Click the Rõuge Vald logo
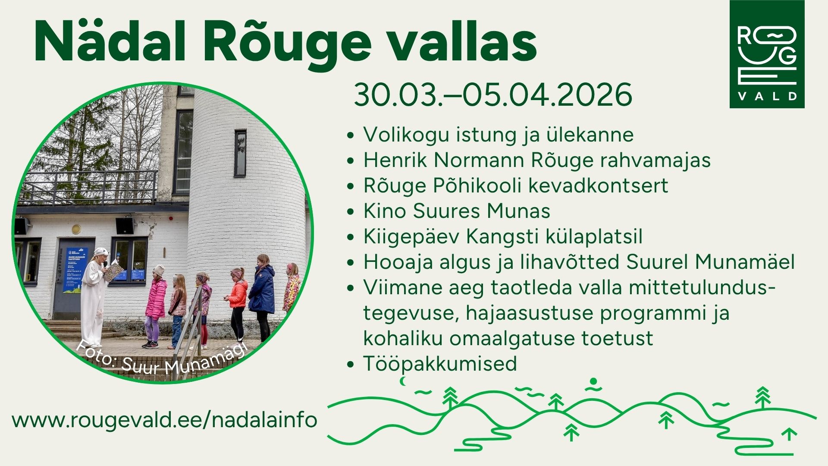point(767,54)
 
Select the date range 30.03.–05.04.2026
point(493,94)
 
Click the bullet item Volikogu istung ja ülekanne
point(498,134)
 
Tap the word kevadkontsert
point(598,185)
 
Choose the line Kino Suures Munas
point(457,211)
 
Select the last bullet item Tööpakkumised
point(440,363)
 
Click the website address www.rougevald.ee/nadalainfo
point(164,420)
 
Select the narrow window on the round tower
point(240,153)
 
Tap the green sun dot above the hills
point(593,381)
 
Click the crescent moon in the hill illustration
point(404,381)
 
